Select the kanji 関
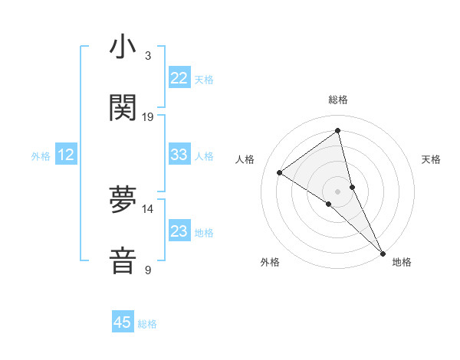123,108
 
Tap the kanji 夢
123,199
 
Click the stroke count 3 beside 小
148,56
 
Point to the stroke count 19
148,117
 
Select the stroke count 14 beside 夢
148,208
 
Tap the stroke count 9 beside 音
148,270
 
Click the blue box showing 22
179,78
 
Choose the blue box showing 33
179,155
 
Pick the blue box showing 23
179,231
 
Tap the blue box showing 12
66,155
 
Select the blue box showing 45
123,322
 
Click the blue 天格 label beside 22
204,80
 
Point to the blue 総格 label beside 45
147,324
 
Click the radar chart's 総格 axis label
338,100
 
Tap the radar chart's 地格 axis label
402,262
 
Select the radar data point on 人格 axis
280,172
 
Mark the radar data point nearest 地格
383,252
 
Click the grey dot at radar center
338,191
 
